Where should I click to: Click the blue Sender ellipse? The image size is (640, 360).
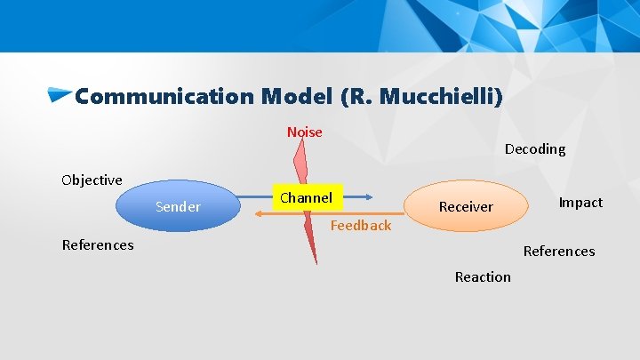[178, 206]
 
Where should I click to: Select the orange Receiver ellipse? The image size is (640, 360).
[466, 206]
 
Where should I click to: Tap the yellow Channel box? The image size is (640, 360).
[306, 198]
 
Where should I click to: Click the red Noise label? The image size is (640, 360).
[304, 132]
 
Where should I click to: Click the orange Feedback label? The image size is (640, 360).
[360, 226]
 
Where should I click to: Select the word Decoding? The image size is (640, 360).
[534, 149]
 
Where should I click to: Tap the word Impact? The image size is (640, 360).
[580, 203]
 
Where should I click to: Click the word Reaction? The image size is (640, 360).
[483, 277]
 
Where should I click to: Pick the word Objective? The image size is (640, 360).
[92, 180]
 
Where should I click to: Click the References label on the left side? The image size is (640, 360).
[98, 245]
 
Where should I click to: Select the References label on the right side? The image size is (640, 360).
[558, 252]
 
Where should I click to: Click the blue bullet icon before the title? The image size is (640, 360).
[60, 94]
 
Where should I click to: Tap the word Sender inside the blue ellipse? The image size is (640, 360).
[178, 207]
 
